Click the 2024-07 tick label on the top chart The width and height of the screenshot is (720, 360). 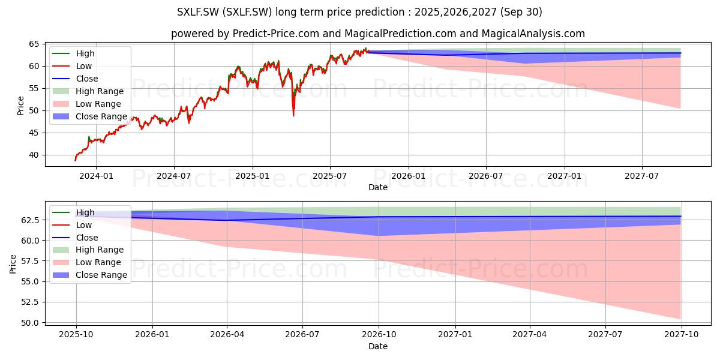[173, 176]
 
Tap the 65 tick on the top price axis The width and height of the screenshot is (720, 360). [34, 44]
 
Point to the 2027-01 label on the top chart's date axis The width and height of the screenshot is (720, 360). [565, 176]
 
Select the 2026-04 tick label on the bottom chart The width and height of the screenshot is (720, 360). [227, 335]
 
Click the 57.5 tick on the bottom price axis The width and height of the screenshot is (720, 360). [30, 261]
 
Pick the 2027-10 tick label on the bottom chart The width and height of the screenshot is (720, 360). [682, 335]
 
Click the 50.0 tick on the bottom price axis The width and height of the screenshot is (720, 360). [30, 323]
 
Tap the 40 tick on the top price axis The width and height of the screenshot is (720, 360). [34, 155]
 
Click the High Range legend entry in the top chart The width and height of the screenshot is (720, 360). [88, 91]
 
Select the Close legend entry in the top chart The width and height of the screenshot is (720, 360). [75, 79]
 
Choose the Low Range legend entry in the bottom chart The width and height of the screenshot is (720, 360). [87, 262]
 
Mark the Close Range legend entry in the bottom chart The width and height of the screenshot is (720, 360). [89, 275]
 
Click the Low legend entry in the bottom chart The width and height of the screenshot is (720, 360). [72, 225]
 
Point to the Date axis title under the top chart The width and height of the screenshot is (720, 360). [378, 187]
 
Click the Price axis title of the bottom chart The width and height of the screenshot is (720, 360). [13, 264]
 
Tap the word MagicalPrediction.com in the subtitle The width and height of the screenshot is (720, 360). [401, 34]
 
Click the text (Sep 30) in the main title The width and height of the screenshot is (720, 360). [521, 12]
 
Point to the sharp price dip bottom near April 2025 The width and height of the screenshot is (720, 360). [293, 116]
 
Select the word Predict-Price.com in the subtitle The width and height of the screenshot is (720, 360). [276, 34]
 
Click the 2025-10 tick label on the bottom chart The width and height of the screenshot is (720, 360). [76, 335]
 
